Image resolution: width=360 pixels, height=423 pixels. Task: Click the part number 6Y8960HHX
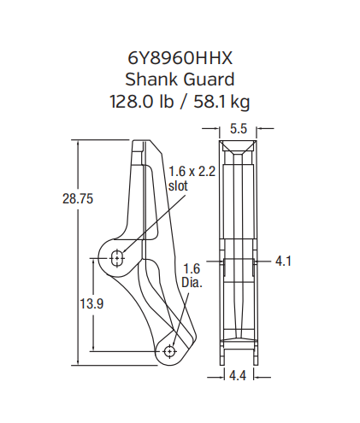(x=180, y=59)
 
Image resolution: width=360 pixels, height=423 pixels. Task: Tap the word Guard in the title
(x=209, y=80)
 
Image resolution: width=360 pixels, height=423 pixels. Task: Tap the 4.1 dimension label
(x=284, y=261)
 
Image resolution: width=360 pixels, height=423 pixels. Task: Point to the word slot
(x=178, y=185)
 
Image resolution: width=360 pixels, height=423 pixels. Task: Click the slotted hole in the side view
(x=117, y=256)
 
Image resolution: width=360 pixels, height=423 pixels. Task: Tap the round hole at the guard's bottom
(x=170, y=350)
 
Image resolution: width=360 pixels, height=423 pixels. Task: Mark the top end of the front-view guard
(x=239, y=144)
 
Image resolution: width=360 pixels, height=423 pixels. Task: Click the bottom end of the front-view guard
(x=239, y=358)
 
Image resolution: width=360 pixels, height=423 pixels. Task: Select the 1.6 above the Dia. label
(x=192, y=268)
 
